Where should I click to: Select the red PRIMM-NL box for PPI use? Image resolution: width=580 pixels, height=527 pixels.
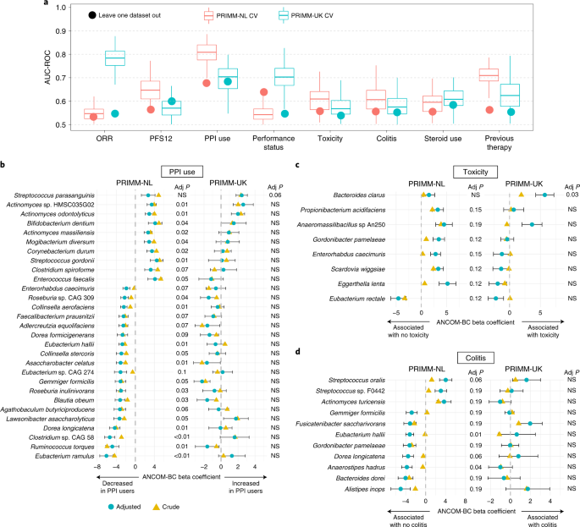tap(206, 52)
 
